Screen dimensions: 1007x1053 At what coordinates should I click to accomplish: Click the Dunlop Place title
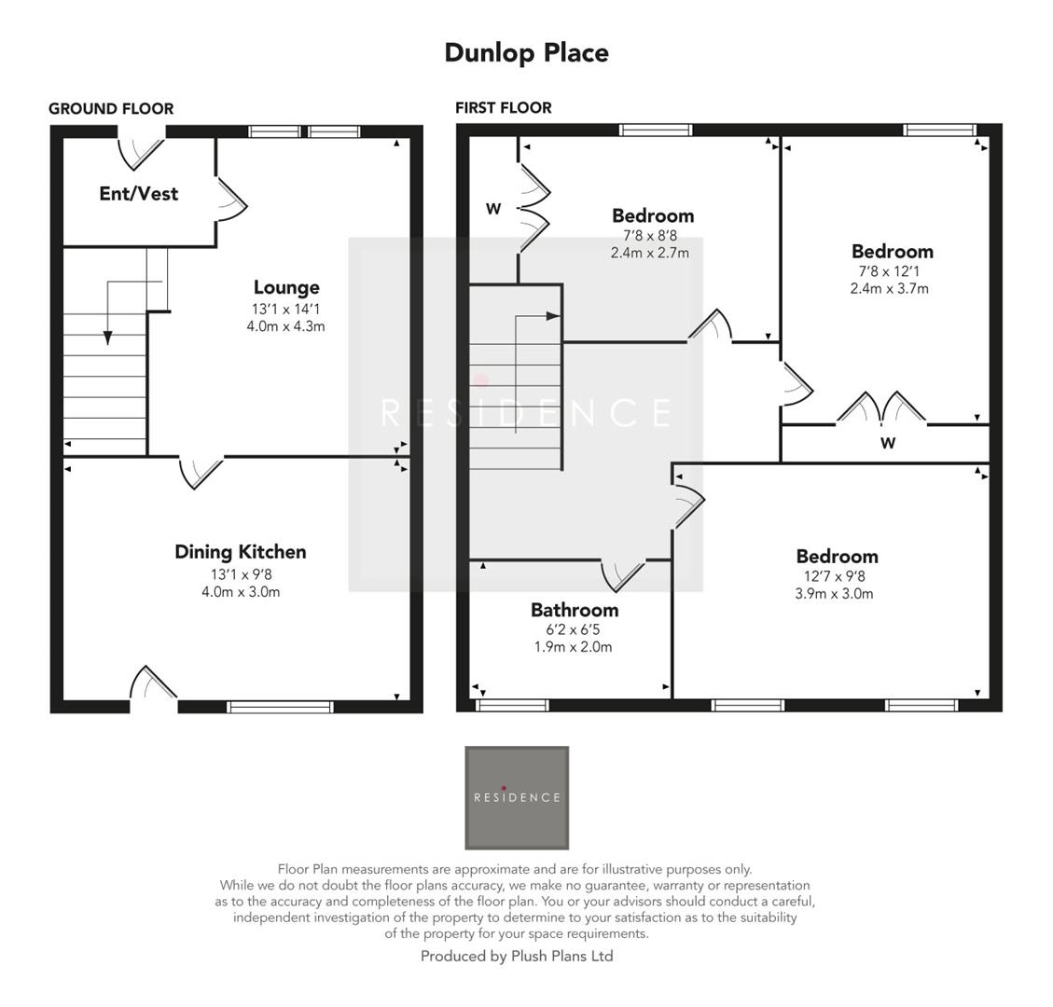pyautogui.click(x=526, y=52)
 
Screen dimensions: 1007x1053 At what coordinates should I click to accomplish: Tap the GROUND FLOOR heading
pyautogui.click(x=111, y=108)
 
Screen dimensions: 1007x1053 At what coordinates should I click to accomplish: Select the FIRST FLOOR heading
pyautogui.click(x=503, y=108)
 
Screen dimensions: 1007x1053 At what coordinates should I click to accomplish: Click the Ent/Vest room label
pyautogui.click(x=138, y=194)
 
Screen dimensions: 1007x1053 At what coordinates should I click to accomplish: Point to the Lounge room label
pyautogui.click(x=286, y=287)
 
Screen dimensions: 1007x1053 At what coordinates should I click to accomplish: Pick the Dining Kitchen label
pyautogui.click(x=240, y=552)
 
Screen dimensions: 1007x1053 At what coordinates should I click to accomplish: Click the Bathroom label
pyautogui.click(x=575, y=610)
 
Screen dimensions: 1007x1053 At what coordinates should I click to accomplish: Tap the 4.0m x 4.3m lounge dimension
pyautogui.click(x=286, y=326)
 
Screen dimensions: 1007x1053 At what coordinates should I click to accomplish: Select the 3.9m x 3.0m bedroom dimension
pyautogui.click(x=834, y=594)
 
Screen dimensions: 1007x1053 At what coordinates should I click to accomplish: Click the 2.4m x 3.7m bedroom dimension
pyautogui.click(x=889, y=289)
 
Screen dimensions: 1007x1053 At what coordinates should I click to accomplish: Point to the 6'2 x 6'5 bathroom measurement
pyautogui.click(x=575, y=629)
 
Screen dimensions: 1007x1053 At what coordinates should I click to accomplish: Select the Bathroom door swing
pyautogui.click(x=623, y=574)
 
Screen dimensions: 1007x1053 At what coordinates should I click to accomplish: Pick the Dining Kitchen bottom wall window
pyautogui.click(x=281, y=707)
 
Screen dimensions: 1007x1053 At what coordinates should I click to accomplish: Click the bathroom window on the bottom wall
pyautogui.click(x=512, y=706)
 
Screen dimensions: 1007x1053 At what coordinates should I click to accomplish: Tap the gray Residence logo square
pyautogui.click(x=517, y=797)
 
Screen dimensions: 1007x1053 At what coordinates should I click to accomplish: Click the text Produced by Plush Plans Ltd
pyautogui.click(x=517, y=956)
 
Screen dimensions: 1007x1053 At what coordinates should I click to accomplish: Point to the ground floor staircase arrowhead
pyautogui.click(x=108, y=338)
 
